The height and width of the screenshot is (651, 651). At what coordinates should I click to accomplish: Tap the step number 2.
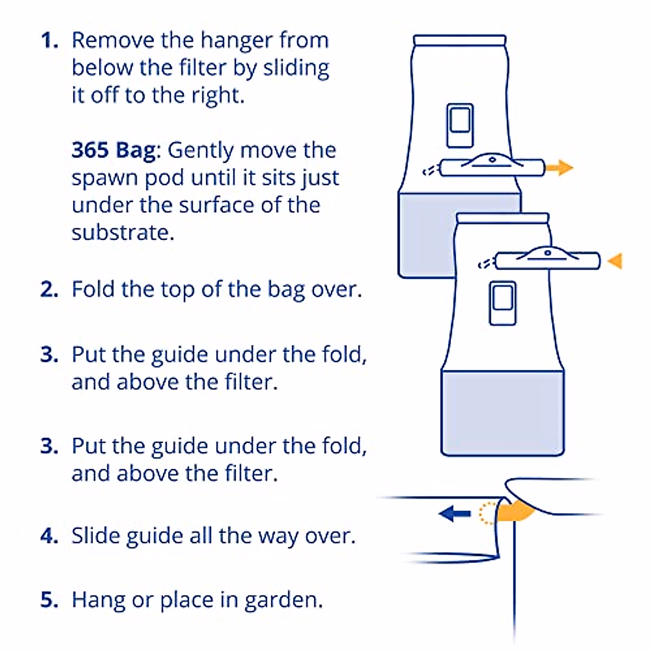coord(49,289)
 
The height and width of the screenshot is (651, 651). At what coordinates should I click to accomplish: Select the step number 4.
coord(49,536)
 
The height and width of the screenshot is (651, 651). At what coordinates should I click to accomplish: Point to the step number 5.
coord(49,600)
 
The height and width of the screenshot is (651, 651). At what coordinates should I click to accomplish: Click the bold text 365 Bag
coord(113,150)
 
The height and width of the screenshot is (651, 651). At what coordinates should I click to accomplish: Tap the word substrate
coord(122,233)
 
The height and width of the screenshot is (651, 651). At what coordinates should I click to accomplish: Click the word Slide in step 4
coord(95,536)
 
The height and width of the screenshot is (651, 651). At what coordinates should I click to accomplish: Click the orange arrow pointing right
coord(559,168)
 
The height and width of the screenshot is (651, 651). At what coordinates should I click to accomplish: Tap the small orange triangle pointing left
coord(615,261)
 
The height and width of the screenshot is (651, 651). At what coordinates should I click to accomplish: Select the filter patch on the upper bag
coord(460,125)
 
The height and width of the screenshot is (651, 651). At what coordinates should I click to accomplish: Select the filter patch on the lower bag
coord(502,303)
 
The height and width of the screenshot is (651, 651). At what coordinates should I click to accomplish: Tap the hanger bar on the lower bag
coord(548,261)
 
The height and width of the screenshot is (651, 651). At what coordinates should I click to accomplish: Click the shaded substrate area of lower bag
coord(502,412)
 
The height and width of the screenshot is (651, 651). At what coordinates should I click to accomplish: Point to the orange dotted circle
coord(487,513)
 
